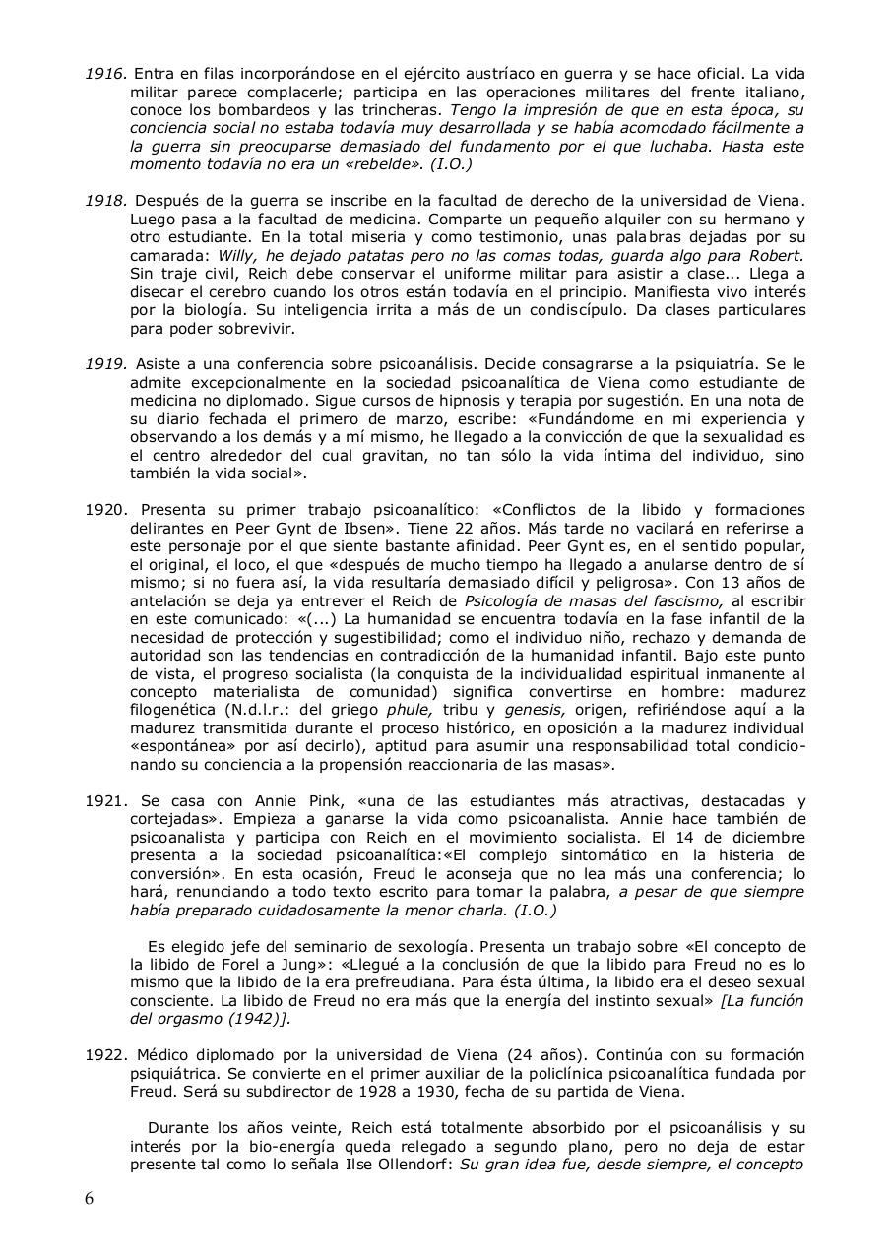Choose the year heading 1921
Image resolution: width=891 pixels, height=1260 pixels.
(x=105, y=800)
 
